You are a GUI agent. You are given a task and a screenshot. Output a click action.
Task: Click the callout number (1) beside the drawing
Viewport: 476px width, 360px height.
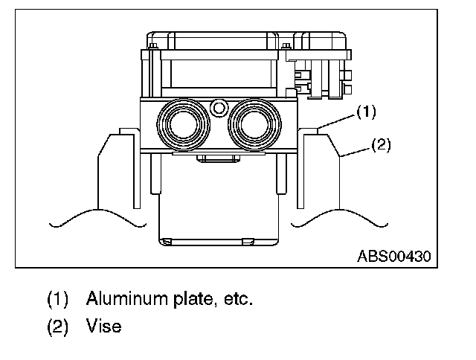pyautogui.click(x=365, y=112)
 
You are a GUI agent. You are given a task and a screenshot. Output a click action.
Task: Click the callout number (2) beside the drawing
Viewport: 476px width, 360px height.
pyautogui.click(x=379, y=145)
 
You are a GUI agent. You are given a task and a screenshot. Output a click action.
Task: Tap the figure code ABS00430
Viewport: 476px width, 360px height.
pyautogui.click(x=393, y=257)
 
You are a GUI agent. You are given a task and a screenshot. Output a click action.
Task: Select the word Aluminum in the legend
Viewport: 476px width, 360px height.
pyautogui.click(x=120, y=300)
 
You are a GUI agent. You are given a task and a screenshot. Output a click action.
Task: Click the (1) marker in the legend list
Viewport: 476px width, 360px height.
pyautogui.click(x=58, y=300)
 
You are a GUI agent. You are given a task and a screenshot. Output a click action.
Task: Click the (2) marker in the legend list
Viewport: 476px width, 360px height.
pyautogui.click(x=58, y=326)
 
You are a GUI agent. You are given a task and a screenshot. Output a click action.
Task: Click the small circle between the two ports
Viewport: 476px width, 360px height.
pyautogui.click(x=218, y=108)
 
